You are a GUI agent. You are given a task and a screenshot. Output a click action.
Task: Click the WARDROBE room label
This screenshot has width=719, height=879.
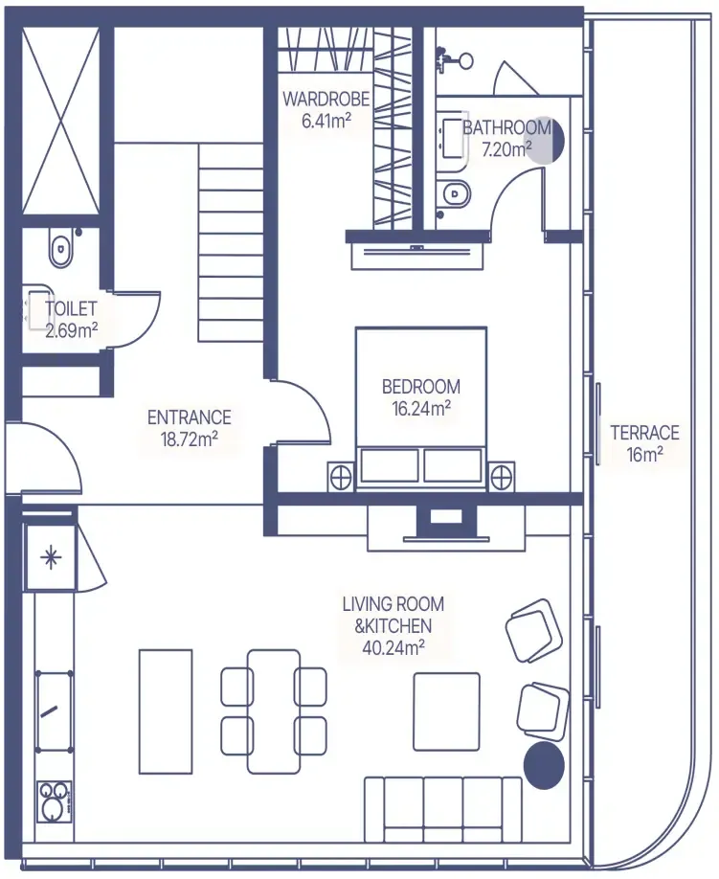coord(326,100)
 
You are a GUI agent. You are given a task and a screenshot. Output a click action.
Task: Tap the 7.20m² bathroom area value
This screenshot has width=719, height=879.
coord(506,149)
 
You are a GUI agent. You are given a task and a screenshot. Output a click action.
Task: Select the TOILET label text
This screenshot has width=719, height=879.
coord(71,308)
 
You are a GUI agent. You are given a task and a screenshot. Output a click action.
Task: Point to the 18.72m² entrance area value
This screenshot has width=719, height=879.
coord(189,439)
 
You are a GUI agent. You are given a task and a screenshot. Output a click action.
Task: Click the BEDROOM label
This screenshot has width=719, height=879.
coord(421,386)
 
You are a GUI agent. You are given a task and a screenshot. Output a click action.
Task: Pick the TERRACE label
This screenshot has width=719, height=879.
coord(644,433)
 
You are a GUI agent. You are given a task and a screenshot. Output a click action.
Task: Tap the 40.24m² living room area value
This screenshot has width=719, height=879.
coord(393,647)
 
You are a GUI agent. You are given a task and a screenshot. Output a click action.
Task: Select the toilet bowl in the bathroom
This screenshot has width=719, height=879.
coord(457,194)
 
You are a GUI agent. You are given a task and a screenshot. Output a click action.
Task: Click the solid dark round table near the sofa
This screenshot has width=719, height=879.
coord(544,765)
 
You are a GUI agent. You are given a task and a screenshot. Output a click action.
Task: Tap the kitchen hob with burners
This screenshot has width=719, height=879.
coord(55,801)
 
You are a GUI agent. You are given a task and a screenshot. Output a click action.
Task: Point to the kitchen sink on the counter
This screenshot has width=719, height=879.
coord(54,711)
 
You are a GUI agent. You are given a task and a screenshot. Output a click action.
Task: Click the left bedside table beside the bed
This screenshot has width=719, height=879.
coord(340,477)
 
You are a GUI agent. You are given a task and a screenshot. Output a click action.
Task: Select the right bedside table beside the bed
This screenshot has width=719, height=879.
coord(502,477)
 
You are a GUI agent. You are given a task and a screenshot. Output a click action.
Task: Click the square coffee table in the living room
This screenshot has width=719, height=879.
coord(447,711)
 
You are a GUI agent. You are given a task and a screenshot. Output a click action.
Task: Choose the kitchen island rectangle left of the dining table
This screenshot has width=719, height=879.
coord(166,710)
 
